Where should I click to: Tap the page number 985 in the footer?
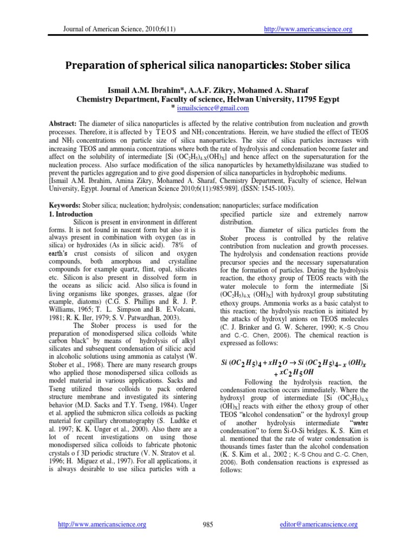coord(208,524)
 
